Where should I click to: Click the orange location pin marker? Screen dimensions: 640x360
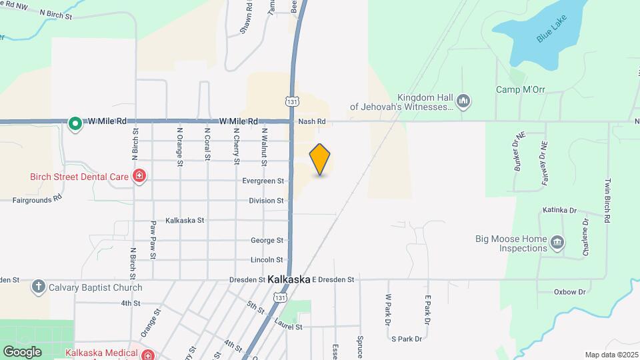[320, 159]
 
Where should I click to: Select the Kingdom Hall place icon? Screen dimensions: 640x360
[463, 101]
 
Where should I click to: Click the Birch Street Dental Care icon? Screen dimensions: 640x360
[139, 177]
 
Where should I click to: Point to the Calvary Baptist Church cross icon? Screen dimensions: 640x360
[39, 287]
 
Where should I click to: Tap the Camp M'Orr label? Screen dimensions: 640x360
[521, 89]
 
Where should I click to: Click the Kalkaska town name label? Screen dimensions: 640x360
[289, 280]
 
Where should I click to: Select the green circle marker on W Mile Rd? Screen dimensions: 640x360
[75, 123]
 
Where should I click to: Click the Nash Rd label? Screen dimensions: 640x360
[312, 121]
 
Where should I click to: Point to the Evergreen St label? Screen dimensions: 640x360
[263, 181]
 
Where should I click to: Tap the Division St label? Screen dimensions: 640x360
[266, 201]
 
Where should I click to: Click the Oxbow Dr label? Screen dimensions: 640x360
[569, 292]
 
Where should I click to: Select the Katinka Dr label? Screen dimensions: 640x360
[559, 210]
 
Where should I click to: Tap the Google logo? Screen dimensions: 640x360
[22, 352]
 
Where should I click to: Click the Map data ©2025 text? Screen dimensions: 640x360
[611, 355]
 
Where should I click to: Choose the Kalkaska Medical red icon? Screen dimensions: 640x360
[147, 354]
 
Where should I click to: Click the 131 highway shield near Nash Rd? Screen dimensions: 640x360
[292, 101]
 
